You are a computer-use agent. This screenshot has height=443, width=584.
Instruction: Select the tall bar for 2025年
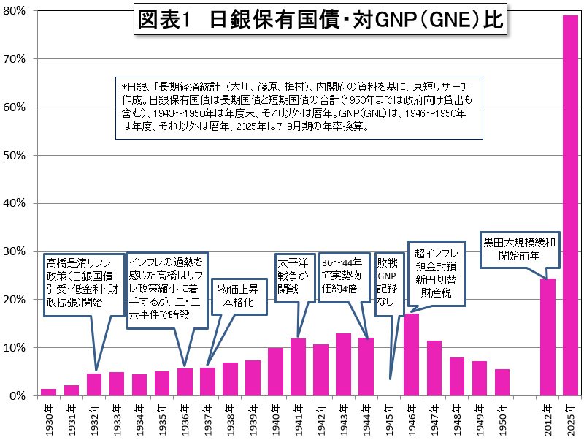click(569, 205)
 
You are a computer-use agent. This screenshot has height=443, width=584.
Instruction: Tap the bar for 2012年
click(547, 337)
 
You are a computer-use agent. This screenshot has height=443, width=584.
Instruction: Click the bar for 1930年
click(48, 392)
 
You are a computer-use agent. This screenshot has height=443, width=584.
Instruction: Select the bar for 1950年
click(502, 382)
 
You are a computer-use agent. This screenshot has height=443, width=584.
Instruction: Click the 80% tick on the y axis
click(17, 11)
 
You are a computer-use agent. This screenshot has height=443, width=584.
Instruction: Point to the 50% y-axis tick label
click(17, 156)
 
